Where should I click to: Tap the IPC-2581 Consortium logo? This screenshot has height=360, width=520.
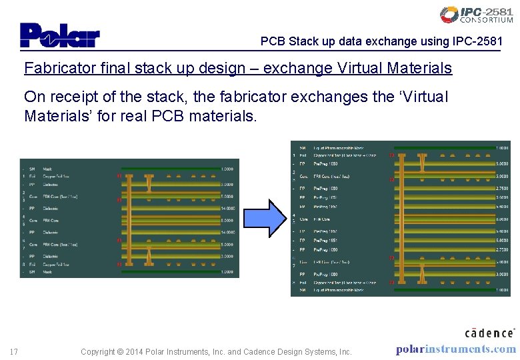click(x=477, y=15)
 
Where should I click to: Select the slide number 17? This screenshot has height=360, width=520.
click(x=13, y=351)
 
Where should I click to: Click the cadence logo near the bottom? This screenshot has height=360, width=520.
click(x=489, y=332)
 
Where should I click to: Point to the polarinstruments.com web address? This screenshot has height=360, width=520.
click(x=455, y=349)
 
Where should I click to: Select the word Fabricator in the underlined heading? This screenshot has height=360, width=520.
click(x=55, y=68)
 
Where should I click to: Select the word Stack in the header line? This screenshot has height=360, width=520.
click(x=304, y=41)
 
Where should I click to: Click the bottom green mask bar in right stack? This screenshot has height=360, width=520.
click(x=443, y=290)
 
